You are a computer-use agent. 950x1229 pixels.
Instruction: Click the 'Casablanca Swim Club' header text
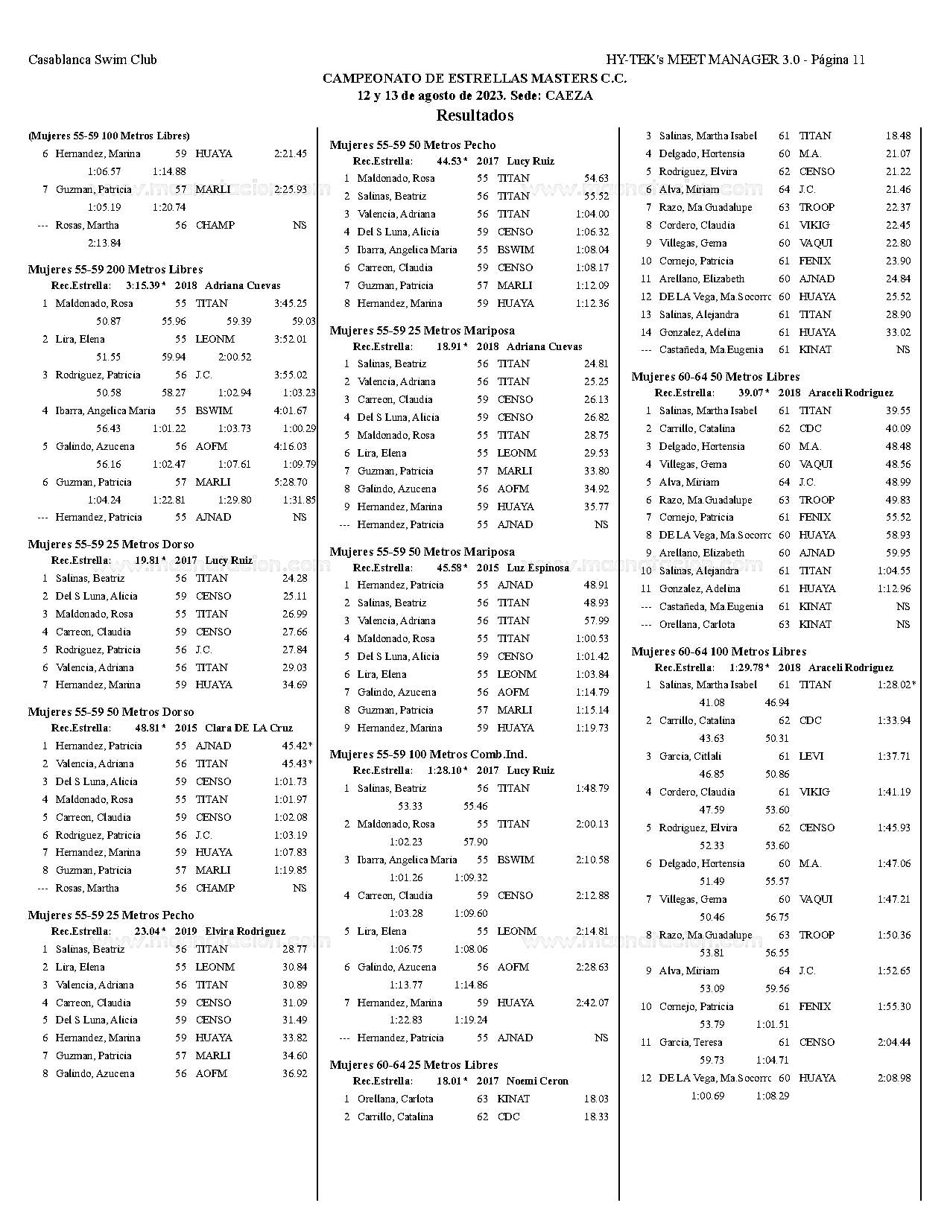[x=92, y=60]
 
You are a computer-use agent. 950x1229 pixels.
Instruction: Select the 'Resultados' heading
[x=475, y=115]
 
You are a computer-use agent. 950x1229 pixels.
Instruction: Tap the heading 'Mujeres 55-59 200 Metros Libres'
[x=115, y=270]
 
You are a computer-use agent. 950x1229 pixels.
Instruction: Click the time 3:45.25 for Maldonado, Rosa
[x=290, y=303]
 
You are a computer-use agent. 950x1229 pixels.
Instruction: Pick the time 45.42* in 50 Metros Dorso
[x=297, y=746]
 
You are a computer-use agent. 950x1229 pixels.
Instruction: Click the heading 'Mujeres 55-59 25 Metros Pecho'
[x=111, y=915]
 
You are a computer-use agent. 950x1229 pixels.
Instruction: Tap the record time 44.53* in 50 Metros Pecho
[x=452, y=161]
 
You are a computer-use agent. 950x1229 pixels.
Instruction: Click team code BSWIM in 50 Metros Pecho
[x=516, y=250]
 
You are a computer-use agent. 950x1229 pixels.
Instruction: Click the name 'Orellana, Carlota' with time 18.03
[x=395, y=1099]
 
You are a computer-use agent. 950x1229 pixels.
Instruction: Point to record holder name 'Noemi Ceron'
[x=537, y=1081]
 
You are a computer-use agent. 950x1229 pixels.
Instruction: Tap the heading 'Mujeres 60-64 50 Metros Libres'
[x=715, y=377]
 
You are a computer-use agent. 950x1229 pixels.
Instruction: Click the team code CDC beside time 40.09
[x=810, y=428]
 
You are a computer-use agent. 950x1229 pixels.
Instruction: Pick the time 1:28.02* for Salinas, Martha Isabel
[x=896, y=685]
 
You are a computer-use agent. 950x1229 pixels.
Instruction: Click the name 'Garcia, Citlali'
[x=690, y=756]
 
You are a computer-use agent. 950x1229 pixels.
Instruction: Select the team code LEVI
[x=811, y=756]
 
